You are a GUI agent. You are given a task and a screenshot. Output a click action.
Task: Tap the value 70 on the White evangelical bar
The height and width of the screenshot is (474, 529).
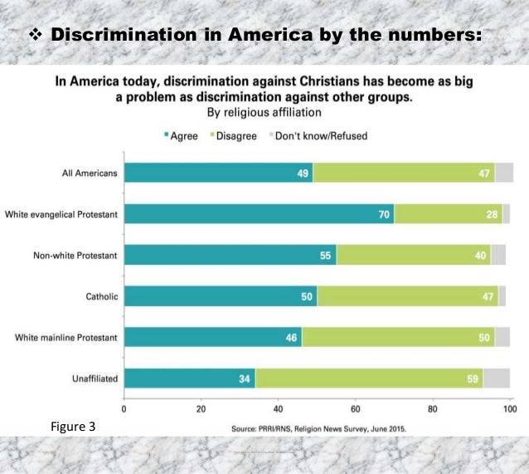383,214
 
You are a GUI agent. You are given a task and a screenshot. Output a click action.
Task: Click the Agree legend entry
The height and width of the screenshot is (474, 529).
182,135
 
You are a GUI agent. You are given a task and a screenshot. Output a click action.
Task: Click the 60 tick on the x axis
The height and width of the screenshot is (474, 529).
356,408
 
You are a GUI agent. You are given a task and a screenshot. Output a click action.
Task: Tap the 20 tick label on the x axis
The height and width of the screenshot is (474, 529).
201,408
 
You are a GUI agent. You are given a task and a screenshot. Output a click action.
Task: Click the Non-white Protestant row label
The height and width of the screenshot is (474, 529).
79,255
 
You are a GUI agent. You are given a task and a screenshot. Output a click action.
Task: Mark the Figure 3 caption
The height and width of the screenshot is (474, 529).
73,427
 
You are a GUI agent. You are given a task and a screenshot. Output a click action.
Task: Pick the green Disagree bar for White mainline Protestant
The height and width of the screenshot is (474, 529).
398,337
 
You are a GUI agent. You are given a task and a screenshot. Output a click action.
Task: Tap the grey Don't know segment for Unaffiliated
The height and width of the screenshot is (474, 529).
497,378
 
